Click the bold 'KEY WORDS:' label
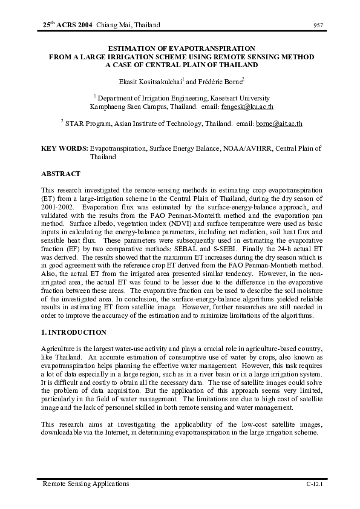(x=64, y=148)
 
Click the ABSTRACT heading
(x=61, y=174)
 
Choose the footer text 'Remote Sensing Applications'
(x=85, y=484)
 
